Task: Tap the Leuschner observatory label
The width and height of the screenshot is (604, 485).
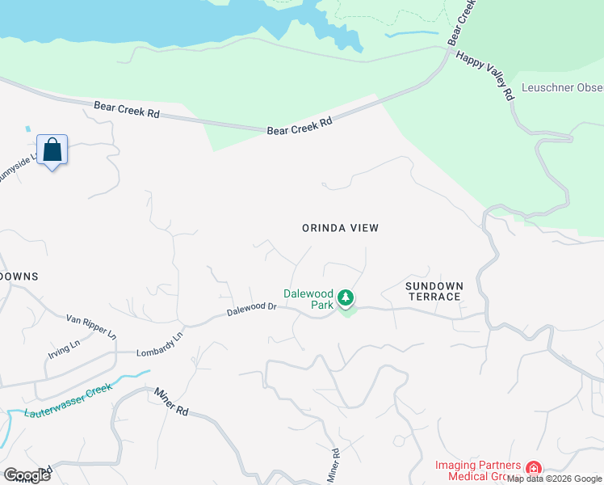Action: pos(562,87)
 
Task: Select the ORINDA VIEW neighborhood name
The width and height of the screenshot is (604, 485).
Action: pos(340,228)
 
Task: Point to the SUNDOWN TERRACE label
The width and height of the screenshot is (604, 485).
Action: pos(434,291)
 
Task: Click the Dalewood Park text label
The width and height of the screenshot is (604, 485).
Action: pos(308,299)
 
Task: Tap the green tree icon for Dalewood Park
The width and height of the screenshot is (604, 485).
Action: pos(346,298)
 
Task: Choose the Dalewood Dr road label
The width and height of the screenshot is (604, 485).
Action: pos(251,308)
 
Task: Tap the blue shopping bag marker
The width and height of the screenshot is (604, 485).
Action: pos(52,150)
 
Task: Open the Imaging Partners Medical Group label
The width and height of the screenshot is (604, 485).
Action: pos(477,470)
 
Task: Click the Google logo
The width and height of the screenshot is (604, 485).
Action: pos(27,475)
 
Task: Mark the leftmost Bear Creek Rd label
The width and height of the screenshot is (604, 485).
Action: pos(126,109)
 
